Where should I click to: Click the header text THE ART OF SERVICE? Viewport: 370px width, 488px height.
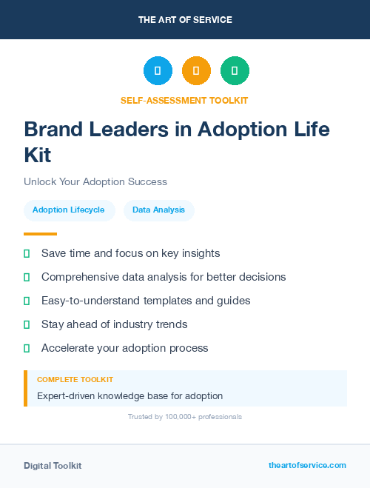coord(185,20)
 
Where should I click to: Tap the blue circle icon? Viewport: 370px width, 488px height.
coord(158,71)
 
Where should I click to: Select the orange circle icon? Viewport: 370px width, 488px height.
coord(196,71)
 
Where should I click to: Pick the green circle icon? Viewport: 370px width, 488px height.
coord(235,71)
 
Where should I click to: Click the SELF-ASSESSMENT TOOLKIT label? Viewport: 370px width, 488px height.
coord(184,100)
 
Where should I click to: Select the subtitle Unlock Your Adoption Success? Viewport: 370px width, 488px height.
coord(95,181)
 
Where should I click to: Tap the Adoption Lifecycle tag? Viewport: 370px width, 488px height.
coord(69,210)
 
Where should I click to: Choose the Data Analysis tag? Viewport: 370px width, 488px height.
coord(158,210)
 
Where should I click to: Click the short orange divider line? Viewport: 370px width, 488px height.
coord(40,234)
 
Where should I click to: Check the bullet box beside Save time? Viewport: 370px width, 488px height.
coord(27,253)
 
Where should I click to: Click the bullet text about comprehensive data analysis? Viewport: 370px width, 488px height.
coord(164,277)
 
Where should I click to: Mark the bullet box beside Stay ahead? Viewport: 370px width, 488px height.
coord(27,324)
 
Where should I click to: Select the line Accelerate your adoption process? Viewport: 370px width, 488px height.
coord(125,348)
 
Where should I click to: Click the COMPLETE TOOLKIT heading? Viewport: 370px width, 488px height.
coord(75,380)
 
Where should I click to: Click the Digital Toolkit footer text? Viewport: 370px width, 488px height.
coord(53,466)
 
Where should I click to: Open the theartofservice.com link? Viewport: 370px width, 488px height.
coord(307,465)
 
